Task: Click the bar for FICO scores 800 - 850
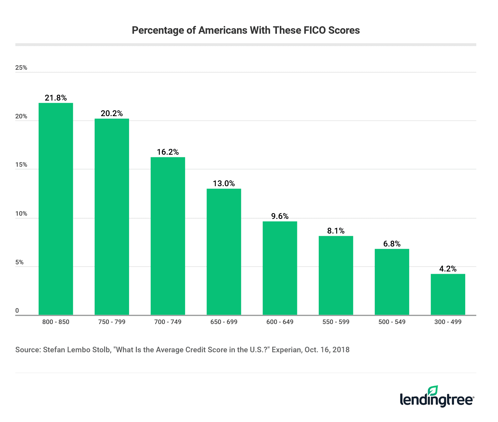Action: (x=56, y=209)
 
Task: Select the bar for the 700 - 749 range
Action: (x=168, y=236)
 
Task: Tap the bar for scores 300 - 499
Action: (x=448, y=294)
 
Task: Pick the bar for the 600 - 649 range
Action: (x=280, y=268)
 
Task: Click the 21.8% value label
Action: (x=56, y=98)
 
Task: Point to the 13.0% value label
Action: (x=224, y=184)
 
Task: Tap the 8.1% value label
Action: (x=336, y=231)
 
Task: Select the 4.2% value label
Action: (x=448, y=269)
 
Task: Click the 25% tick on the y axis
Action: (x=21, y=68)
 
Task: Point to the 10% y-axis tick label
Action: (x=21, y=214)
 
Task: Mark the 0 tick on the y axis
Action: (x=17, y=311)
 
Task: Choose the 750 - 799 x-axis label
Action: (x=112, y=322)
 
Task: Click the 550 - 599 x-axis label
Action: (x=336, y=322)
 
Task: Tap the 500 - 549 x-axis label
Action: (x=392, y=322)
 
